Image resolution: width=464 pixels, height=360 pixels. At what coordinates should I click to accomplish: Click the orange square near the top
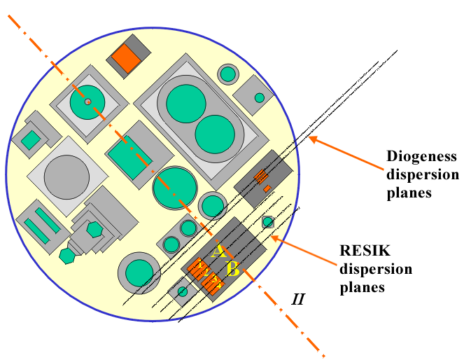tap(127, 60)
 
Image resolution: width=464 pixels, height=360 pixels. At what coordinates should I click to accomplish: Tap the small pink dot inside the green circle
tap(87, 102)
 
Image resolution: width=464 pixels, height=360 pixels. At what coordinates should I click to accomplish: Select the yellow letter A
tap(218, 251)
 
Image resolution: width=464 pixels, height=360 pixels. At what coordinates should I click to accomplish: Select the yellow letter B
tap(233, 268)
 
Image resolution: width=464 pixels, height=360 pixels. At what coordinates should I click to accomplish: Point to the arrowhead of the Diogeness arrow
tap(310, 139)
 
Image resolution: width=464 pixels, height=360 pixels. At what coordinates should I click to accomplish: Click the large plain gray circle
tap(67, 175)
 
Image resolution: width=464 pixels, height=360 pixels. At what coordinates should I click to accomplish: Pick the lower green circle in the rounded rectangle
tap(214, 134)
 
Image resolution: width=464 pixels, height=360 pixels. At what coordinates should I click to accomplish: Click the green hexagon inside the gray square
tap(94, 229)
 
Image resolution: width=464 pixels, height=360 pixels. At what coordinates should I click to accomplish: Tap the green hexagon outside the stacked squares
tap(67, 256)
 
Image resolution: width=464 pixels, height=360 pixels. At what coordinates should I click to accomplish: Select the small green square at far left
tap(30, 140)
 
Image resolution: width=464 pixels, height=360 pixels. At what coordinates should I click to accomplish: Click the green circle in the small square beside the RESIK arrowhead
tap(267, 223)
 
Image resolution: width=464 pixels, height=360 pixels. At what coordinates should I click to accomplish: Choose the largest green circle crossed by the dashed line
tap(174, 188)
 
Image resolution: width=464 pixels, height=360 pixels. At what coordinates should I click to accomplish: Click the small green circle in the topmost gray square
tap(228, 73)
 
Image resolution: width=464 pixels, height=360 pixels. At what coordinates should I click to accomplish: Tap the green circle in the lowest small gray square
tap(183, 291)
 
